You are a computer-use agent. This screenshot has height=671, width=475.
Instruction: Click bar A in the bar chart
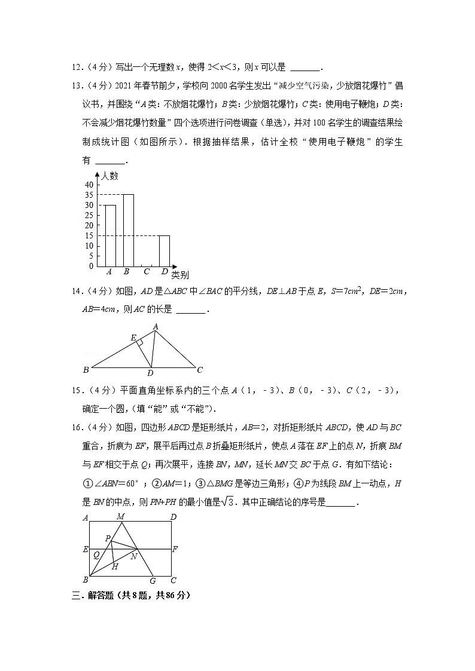coord(110,235)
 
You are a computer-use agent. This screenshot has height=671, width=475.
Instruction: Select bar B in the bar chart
coord(128,230)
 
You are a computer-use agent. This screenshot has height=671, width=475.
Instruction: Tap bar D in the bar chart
coord(164,251)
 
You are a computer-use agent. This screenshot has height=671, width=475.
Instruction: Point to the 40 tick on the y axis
coord(89,185)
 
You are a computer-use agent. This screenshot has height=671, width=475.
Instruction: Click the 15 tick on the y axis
coord(89,235)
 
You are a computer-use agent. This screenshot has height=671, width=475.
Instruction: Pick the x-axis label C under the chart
coord(147,272)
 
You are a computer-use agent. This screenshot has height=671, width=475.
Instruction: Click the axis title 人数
coord(110,176)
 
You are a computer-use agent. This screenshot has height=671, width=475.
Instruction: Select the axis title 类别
coord(180,275)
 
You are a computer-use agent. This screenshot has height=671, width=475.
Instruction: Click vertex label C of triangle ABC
coord(200,369)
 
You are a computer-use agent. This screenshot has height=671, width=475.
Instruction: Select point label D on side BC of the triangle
coord(151,374)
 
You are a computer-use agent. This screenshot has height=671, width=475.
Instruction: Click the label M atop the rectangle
coord(120,516)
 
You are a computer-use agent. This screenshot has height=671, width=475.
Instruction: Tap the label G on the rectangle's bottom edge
coord(153,580)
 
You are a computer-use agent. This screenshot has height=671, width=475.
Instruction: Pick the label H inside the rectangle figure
coord(115,566)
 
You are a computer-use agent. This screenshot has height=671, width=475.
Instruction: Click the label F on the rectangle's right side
coord(175,549)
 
